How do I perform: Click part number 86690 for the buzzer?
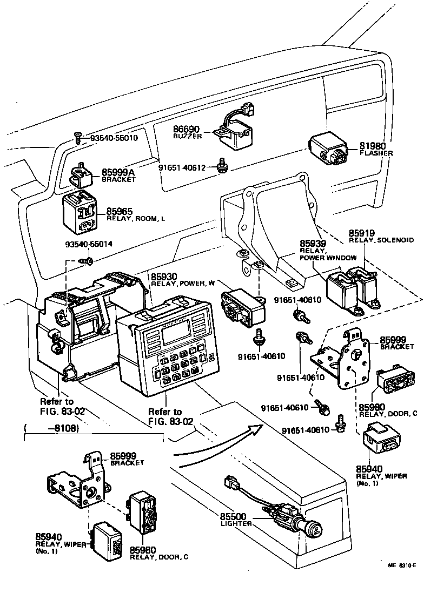coord(187,129)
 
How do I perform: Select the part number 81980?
coord(373,145)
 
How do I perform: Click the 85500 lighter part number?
coord(233,516)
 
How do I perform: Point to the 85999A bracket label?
coord(118,172)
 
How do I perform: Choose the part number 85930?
coord(164,277)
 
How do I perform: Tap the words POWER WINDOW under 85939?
coord(324,258)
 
